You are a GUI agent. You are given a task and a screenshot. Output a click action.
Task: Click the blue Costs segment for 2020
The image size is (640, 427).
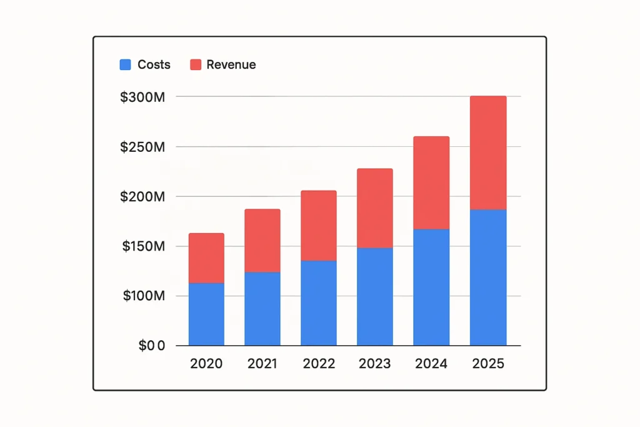tap(206, 314)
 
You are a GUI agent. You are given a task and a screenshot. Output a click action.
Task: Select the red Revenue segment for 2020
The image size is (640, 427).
tap(206, 258)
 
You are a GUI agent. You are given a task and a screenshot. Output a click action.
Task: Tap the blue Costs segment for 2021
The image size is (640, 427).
tap(262, 308)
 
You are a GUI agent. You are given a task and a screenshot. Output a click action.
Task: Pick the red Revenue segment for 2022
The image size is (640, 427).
tap(318, 225)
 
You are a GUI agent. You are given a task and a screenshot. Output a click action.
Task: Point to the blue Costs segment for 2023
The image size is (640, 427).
tap(375, 296)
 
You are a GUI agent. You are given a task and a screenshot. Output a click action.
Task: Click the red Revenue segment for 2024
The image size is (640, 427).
tap(431, 183)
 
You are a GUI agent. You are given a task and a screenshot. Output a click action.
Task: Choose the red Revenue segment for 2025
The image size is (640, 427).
tap(488, 153)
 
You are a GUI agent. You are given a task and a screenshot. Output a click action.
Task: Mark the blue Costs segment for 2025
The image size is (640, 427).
tap(488, 277)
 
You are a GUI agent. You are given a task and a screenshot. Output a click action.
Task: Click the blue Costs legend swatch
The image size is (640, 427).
tap(125, 64)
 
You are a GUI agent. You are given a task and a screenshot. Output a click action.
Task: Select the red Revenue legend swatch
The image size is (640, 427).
tap(196, 64)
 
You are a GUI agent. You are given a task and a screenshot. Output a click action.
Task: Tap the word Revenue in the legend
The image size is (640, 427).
tap(231, 64)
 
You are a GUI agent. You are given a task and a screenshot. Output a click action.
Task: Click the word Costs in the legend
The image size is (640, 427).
tap(154, 64)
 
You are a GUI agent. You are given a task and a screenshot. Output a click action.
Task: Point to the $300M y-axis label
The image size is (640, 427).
tap(143, 97)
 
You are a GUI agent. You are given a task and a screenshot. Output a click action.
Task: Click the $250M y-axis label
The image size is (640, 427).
tap(143, 147)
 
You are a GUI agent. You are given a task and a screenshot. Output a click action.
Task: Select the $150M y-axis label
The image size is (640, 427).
tap(143, 246)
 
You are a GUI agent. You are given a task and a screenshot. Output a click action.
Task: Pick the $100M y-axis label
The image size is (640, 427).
tap(143, 296)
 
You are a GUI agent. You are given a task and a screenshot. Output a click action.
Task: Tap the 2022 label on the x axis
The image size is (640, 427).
tap(318, 364)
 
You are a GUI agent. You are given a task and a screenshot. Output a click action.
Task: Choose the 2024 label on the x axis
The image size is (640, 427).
tap(431, 364)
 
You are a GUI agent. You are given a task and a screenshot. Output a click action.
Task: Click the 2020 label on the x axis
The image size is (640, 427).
tap(206, 364)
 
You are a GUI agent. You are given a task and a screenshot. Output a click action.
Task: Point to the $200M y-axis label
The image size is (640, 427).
tap(143, 196)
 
